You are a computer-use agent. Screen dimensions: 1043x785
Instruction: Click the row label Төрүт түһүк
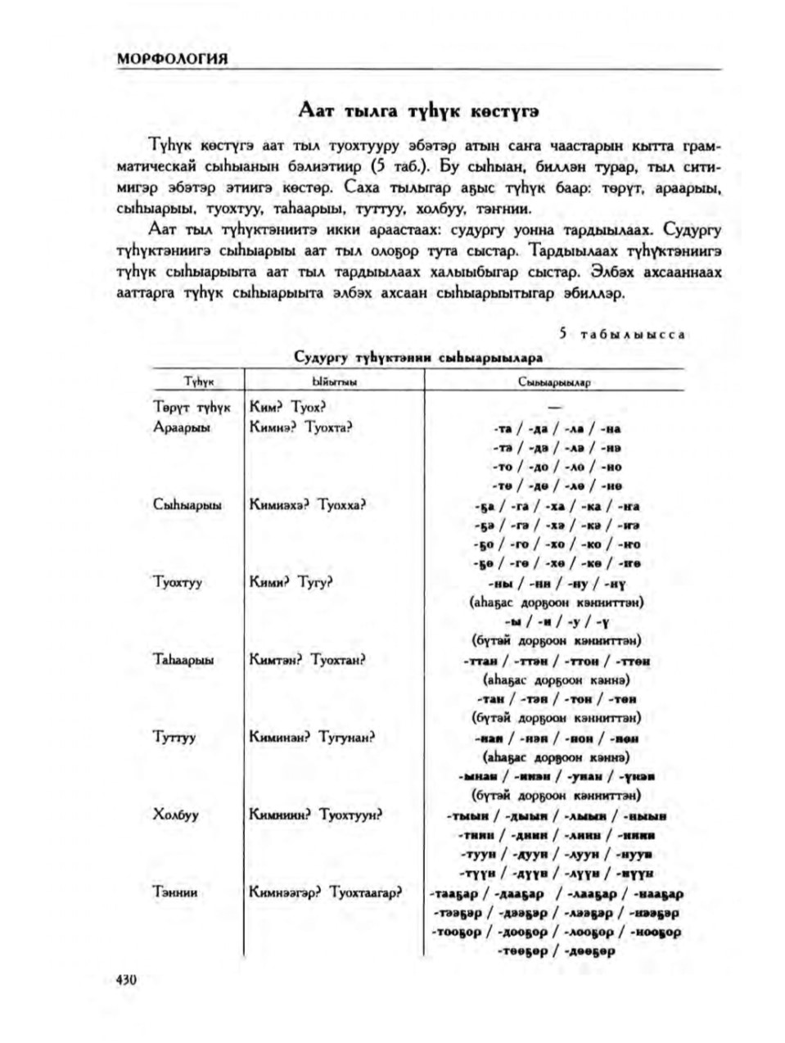coord(193,407)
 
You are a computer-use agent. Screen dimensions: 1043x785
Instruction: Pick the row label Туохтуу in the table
coord(178,582)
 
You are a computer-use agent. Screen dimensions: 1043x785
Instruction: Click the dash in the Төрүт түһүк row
coord(555,408)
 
